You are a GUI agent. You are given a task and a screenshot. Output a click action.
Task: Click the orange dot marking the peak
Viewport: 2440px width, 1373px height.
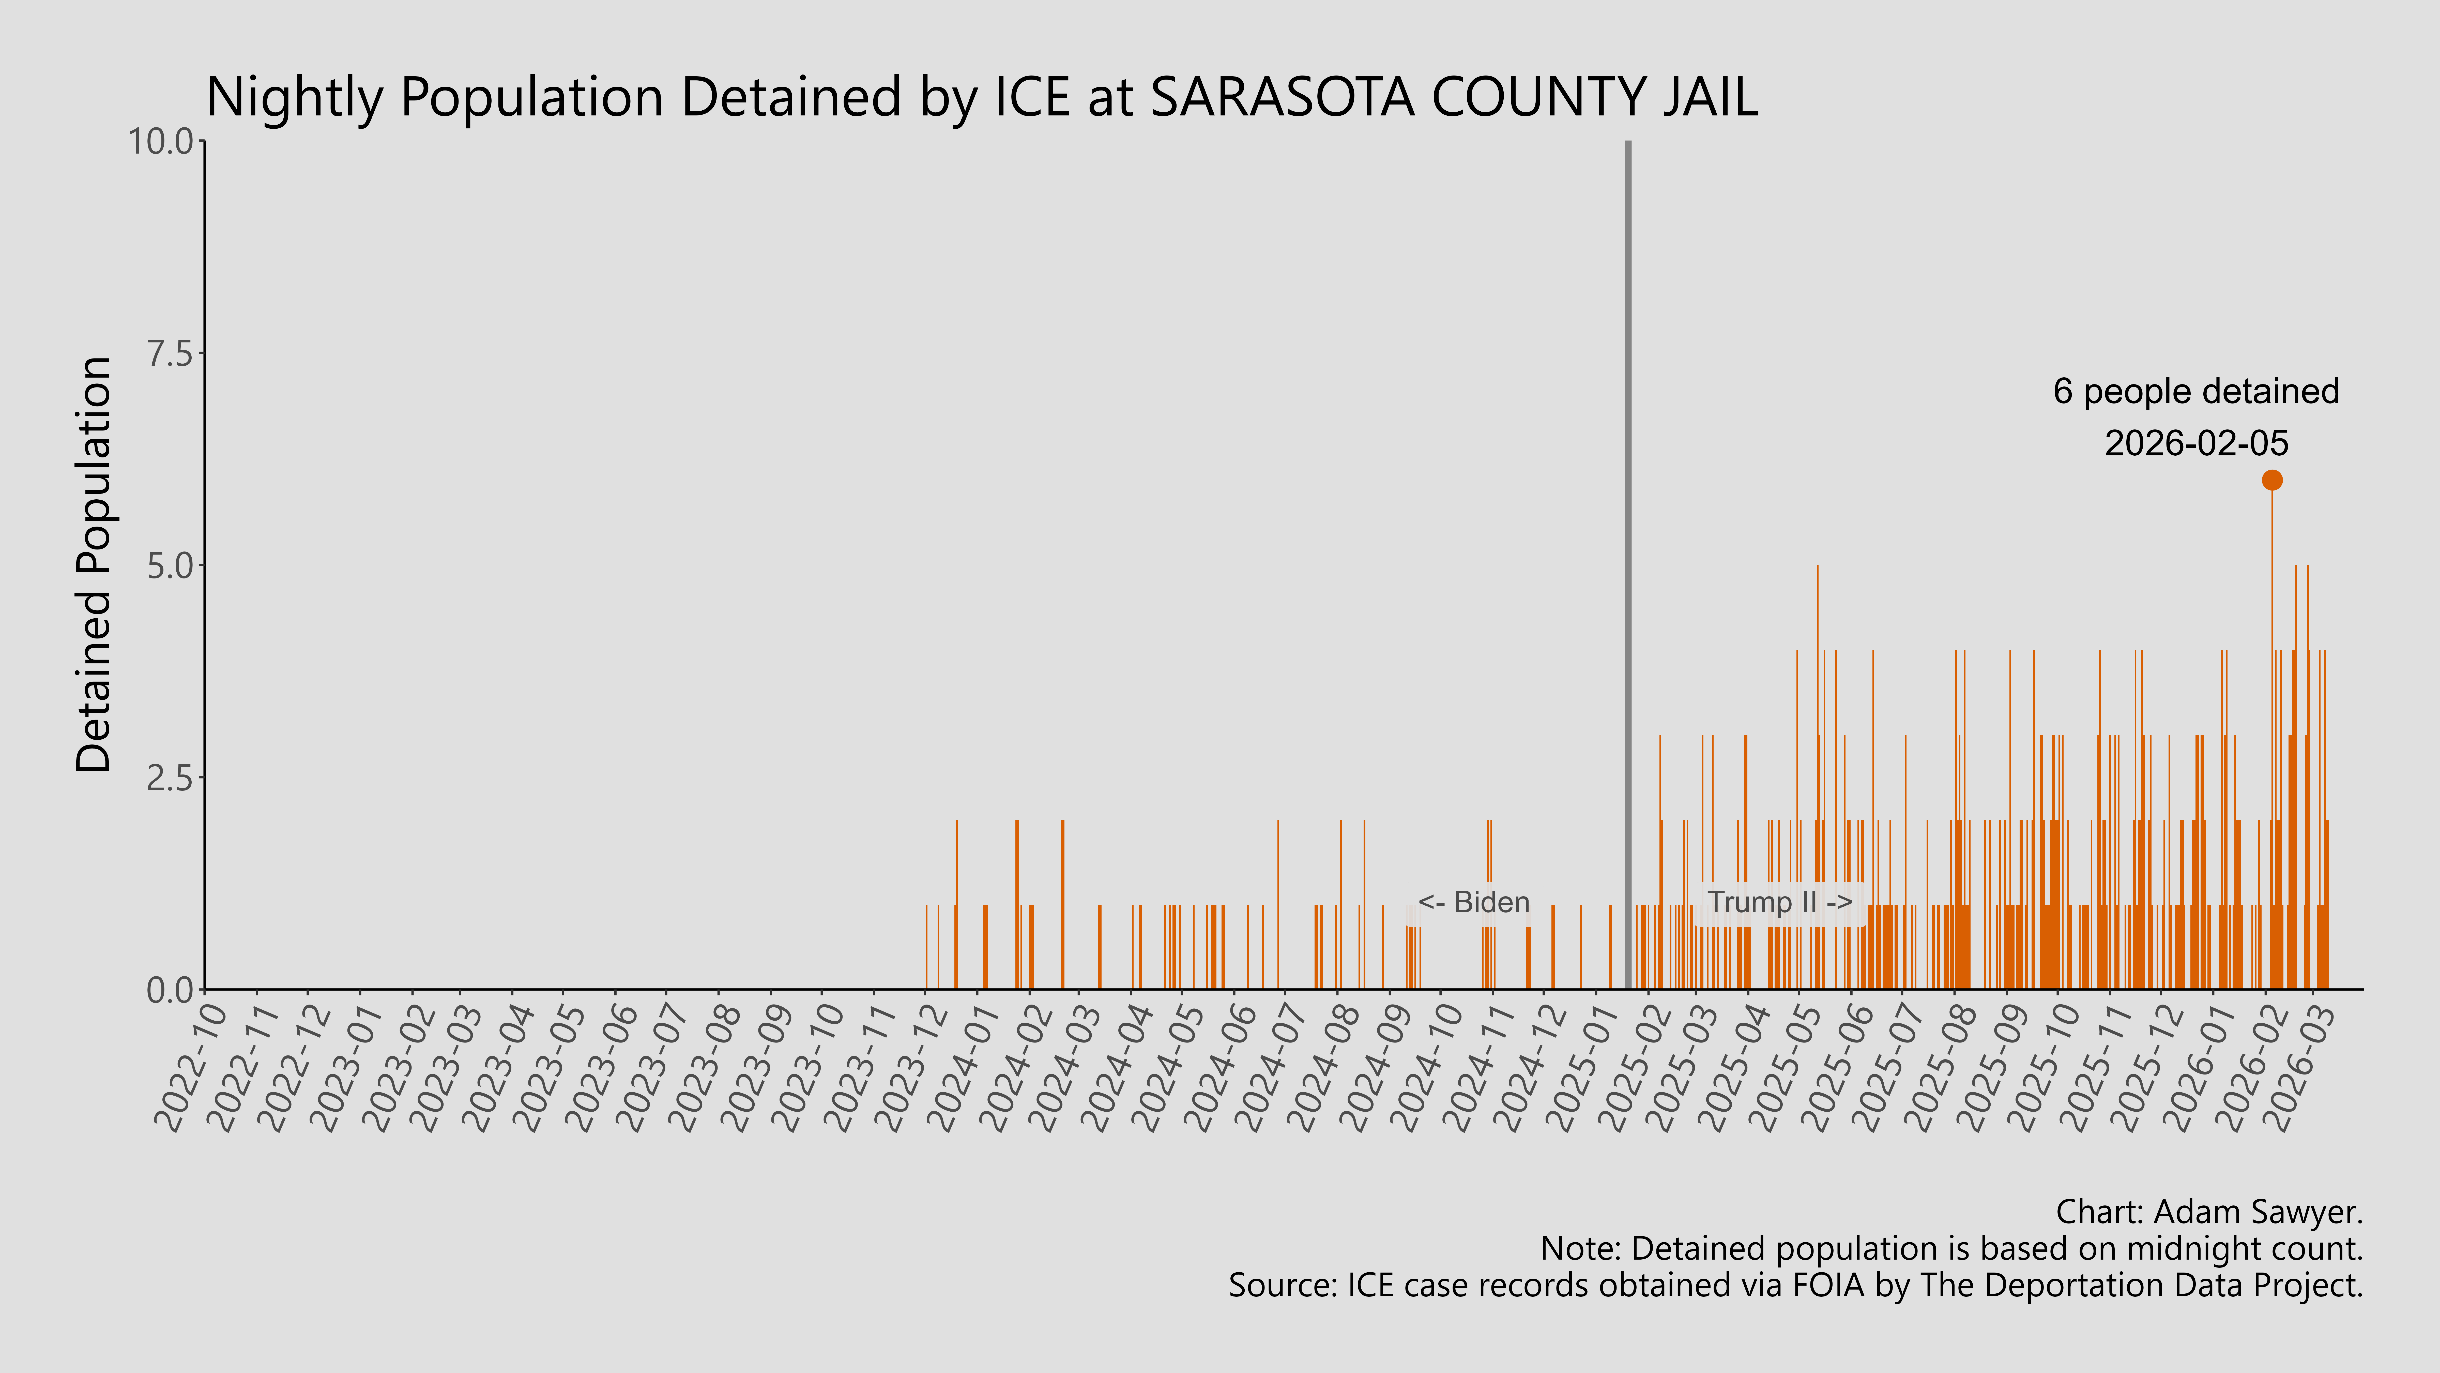(x=2271, y=480)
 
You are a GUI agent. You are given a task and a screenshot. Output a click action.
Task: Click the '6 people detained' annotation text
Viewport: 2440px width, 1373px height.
(x=2196, y=391)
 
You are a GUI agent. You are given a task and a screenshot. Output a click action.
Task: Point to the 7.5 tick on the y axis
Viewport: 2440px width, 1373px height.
(x=171, y=353)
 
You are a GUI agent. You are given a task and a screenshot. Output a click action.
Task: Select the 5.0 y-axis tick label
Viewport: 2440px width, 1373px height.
(x=171, y=566)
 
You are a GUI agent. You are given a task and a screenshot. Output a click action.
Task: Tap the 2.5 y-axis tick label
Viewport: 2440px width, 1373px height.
(x=171, y=778)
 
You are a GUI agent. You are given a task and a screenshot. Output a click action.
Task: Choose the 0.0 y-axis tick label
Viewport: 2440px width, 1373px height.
(x=171, y=990)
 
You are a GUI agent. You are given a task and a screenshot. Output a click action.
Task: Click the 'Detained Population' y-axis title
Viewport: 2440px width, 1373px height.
(x=95, y=566)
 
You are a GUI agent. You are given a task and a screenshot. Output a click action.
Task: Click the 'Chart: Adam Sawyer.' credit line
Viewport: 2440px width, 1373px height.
(x=2209, y=1212)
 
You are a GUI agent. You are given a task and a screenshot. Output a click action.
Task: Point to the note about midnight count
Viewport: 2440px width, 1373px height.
(x=1951, y=1249)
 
